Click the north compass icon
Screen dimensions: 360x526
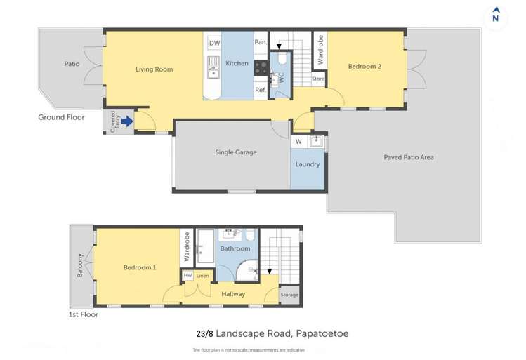[x=496, y=15]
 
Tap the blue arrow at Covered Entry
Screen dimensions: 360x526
[x=126, y=122]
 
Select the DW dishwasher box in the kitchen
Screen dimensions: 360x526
[x=213, y=44]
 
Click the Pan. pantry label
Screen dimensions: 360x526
[x=260, y=43]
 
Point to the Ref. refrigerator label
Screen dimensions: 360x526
[x=260, y=90]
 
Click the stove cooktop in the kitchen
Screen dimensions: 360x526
[x=261, y=68]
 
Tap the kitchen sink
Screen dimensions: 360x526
[x=213, y=69]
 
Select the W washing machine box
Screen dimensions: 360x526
[x=298, y=142]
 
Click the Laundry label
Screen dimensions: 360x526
[x=308, y=164]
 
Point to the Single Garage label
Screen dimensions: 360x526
[x=235, y=152]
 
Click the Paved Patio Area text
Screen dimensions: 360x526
[x=408, y=157]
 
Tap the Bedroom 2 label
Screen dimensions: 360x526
[x=364, y=67]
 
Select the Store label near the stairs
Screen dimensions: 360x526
[x=318, y=79]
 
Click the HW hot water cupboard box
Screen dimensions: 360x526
[x=188, y=276]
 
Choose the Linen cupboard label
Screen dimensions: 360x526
[x=202, y=276]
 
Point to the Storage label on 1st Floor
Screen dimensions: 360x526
[x=289, y=295]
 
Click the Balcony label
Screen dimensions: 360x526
[x=80, y=265]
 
